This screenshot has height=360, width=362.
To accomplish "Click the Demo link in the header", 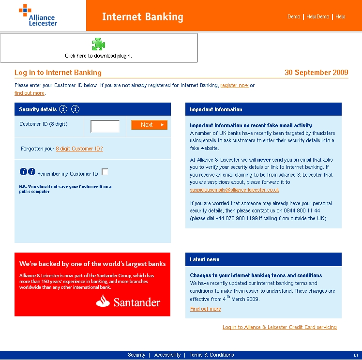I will click(294, 16).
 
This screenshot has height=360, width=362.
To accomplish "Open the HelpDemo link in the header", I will click(317, 16).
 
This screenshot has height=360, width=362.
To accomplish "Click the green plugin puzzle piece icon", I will click(98, 45).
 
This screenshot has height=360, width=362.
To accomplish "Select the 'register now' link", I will click(234, 86).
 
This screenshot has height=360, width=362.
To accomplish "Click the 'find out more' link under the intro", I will click(30, 93).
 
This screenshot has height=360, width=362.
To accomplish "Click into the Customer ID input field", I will click(105, 126).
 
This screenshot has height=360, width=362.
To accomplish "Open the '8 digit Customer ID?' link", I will click(79, 149).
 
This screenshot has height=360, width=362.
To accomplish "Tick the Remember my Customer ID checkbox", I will click(105, 172).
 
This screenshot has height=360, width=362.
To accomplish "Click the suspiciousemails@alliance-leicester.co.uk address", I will click(234, 190).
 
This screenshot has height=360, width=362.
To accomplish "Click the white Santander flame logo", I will click(103, 301).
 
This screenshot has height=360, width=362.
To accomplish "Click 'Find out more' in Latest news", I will click(205, 309).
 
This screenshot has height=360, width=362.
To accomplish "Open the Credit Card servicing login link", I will click(279, 328).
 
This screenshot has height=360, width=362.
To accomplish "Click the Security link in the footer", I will click(136, 355).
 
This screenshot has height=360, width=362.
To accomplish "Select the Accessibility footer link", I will click(167, 355).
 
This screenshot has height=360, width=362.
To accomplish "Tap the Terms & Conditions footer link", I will click(211, 355).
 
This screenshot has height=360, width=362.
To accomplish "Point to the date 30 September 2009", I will click(316, 73).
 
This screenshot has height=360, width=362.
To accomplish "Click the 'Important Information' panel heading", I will click(216, 110).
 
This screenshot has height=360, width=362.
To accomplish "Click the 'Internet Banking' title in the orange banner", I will click(142, 17).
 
